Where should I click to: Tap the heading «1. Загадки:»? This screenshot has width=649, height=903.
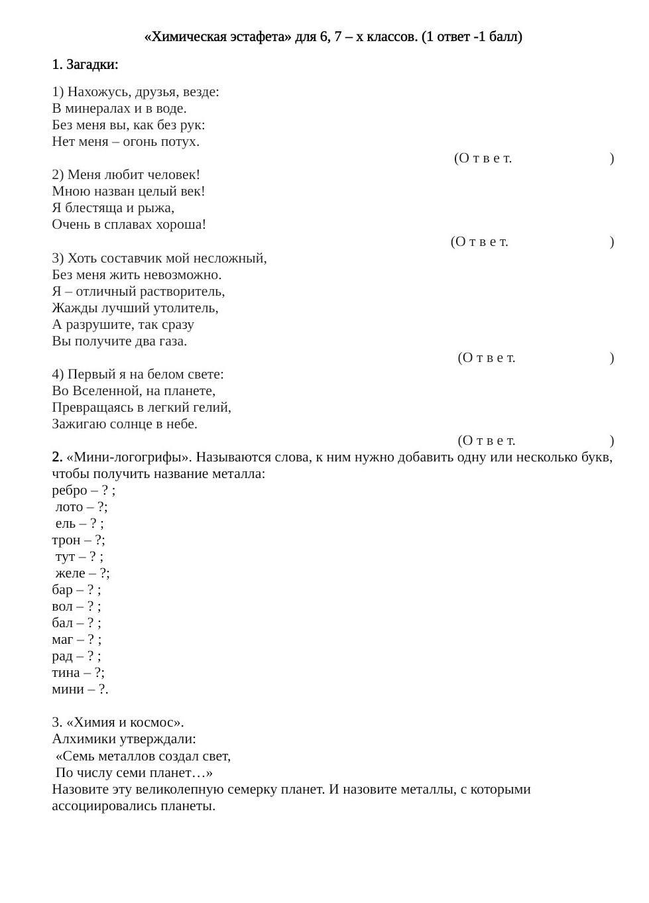(85, 64)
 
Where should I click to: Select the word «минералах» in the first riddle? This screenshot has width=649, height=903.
(100, 108)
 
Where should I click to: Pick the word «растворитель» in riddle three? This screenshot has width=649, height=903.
(182, 291)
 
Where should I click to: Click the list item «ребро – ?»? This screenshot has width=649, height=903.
(83, 490)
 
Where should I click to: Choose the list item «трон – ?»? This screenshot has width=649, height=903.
(78, 540)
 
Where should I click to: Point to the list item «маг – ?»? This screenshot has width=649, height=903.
(76, 639)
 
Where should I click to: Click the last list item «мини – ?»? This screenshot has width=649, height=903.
(80, 689)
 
